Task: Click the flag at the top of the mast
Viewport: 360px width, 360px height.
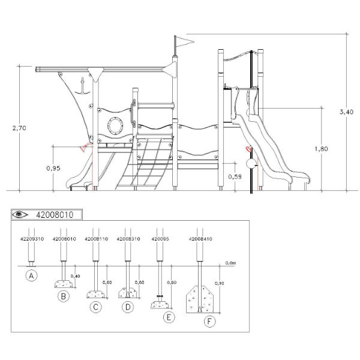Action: point(183,41)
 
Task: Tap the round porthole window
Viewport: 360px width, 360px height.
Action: point(113,125)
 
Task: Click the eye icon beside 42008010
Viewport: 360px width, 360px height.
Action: point(22,214)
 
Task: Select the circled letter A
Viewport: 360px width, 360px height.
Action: point(32,276)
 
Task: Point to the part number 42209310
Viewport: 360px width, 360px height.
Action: point(32,238)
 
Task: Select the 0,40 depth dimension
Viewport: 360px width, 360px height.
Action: point(76,275)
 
